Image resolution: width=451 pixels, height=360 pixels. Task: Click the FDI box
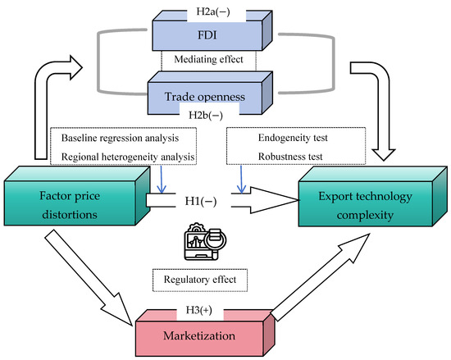tap(207, 35)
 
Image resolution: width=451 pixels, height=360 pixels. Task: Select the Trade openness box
tap(205, 97)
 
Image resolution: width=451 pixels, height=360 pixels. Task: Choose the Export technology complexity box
tap(365, 204)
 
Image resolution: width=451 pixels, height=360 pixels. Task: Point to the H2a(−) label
tap(213, 11)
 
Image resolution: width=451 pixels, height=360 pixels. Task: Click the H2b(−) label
tap(206, 116)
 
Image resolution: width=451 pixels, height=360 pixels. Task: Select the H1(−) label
tap(201, 201)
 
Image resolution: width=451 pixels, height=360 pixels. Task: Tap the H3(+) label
tap(199, 310)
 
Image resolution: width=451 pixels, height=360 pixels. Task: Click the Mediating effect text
tap(208, 59)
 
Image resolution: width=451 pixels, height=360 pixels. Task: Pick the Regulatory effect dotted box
tap(200, 280)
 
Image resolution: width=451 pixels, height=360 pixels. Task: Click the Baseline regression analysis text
tap(120, 138)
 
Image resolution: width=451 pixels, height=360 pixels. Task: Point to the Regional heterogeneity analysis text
tap(128, 157)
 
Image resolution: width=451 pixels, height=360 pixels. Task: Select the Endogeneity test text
tap(293, 138)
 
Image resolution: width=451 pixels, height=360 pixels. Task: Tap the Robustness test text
tap(290, 157)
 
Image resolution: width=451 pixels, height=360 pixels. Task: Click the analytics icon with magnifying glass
tap(205, 242)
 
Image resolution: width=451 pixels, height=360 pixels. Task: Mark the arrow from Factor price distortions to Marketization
tap(89, 277)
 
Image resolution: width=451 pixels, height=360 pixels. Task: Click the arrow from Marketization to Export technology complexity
tap(320, 277)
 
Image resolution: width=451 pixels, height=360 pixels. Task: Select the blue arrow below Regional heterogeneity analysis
tap(162, 179)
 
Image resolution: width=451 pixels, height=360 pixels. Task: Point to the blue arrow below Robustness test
tap(241, 179)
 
